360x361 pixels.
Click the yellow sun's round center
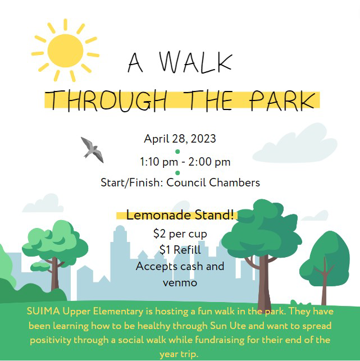pyautogui.click(x=65, y=51)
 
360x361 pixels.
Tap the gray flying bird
pyautogui.click(x=92, y=150)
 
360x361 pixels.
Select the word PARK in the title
pyautogui.click(x=282, y=100)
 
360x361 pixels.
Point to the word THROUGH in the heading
pyautogui.click(x=108, y=101)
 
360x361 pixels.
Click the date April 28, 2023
pyautogui.click(x=180, y=139)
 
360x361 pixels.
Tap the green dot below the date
pyautogui.click(x=177, y=152)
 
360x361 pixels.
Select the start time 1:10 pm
pyautogui.click(x=159, y=162)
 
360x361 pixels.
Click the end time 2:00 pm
pyautogui.click(x=209, y=162)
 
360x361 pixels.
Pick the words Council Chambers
pyautogui.click(x=213, y=182)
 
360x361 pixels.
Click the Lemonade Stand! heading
pyautogui.click(x=180, y=215)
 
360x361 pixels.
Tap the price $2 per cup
pyautogui.click(x=180, y=234)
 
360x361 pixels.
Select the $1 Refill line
pyautogui.click(x=180, y=250)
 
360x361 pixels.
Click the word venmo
pyautogui.click(x=180, y=283)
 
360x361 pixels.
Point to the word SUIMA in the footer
pyautogui.click(x=43, y=311)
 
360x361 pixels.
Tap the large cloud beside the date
pyautogui.click(x=295, y=143)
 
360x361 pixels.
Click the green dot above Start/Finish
pyautogui.click(x=177, y=173)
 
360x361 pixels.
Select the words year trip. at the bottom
pyautogui.click(x=179, y=354)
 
